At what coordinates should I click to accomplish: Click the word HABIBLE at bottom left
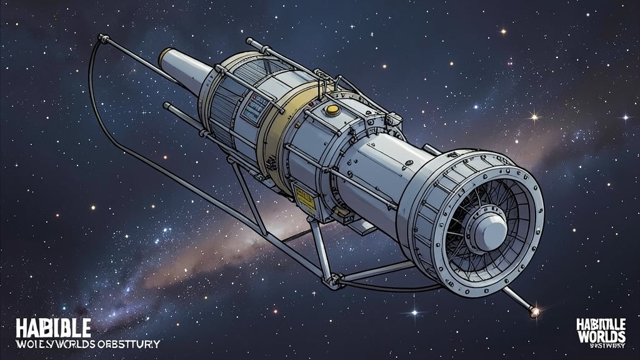tap(53, 327)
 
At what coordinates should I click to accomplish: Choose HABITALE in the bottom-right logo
tap(600, 322)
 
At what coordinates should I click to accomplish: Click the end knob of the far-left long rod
tap(101, 38)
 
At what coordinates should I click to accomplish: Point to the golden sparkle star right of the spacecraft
tap(534, 116)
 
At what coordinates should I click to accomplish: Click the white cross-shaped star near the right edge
tap(626, 116)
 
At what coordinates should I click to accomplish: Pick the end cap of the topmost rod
tap(249, 42)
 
